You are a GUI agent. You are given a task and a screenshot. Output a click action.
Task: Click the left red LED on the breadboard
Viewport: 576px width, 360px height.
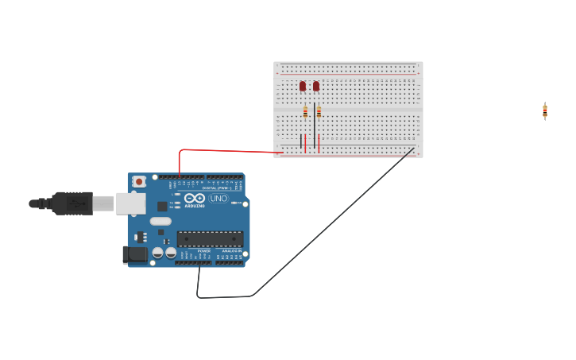[x=303, y=86]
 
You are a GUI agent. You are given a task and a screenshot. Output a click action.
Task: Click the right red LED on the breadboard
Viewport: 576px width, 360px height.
[x=316, y=86]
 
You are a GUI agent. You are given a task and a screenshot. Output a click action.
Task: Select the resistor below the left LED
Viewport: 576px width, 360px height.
[x=305, y=112]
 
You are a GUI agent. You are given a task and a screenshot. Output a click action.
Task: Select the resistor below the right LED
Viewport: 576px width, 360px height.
[x=319, y=112]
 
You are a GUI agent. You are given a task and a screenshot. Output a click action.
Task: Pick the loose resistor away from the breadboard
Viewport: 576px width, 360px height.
[x=545, y=111]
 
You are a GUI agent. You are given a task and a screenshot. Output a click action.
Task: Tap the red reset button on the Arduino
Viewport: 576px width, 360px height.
[x=139, y=181]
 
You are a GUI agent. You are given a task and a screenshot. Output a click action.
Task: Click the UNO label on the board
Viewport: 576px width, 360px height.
[x=218, y=198]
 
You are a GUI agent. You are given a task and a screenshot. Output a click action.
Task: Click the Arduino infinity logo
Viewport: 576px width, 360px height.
[x=195, y=198]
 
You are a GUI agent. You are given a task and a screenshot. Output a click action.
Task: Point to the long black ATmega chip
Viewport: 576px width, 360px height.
[x=210, y=238]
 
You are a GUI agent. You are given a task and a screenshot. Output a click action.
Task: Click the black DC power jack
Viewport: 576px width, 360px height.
[x=136, y=254]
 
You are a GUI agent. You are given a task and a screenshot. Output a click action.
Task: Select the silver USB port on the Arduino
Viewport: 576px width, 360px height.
[x=130, y=203]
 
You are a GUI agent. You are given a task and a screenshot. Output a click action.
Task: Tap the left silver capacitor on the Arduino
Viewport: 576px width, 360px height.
[x=158, y=253]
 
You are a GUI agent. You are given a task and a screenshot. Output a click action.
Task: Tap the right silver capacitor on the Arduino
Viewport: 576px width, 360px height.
[x=171, y=253]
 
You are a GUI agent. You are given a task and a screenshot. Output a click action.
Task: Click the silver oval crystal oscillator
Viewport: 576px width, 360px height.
[x=160, y=222]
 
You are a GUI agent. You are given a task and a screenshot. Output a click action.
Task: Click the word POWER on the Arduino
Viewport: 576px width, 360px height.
[x=204, y=250]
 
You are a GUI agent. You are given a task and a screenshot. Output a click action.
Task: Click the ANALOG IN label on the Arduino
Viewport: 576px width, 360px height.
[x=233, y=250]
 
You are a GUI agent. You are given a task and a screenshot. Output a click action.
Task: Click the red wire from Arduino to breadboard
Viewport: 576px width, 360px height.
[x=230, y=150]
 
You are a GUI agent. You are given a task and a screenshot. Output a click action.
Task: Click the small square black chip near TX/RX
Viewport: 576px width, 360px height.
[x=163, y=206]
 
